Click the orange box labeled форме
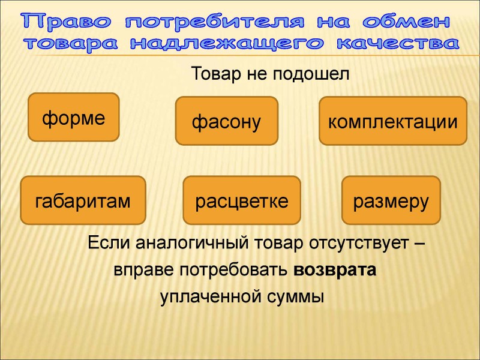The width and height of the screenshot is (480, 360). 73,117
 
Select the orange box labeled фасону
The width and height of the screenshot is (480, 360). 227,121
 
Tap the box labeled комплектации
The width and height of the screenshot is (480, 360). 393,121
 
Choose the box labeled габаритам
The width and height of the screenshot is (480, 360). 83,200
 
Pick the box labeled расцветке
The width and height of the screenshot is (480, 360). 242,200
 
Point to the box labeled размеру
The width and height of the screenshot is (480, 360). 391,200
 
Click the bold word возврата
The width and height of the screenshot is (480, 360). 335,269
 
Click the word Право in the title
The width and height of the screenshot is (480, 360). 67,22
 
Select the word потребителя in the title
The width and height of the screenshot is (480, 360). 215,22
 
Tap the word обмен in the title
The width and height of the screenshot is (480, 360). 406,22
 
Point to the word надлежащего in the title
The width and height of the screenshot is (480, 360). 227,44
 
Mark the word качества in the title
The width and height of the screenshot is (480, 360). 398,43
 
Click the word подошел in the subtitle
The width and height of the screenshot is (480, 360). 311,74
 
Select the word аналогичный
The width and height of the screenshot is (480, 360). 192,243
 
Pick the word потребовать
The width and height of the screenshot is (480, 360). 233,270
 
